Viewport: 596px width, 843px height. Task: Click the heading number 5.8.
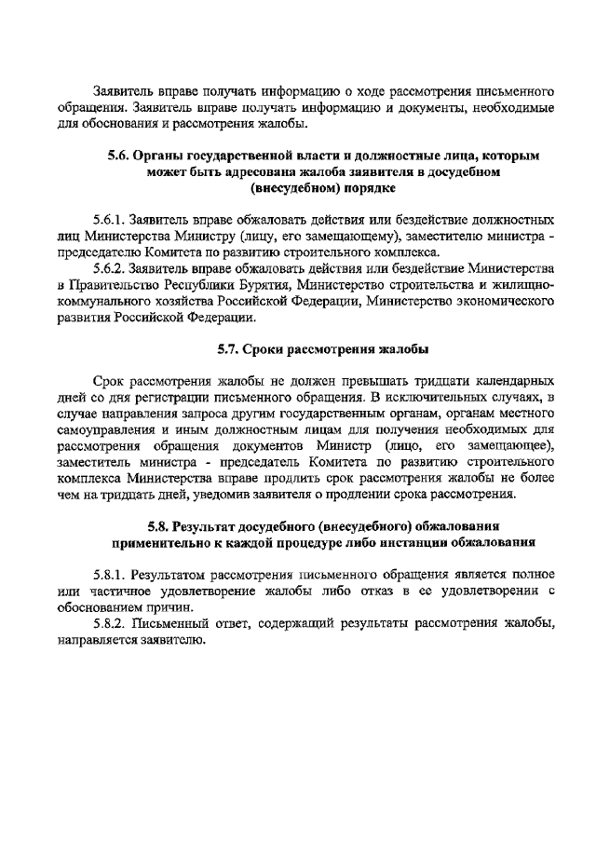[x=165, y=525]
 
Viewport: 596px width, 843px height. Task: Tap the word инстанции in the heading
[x=399, y=541]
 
